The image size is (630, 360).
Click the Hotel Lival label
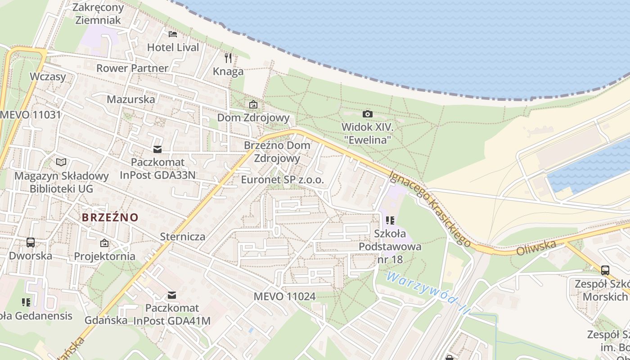173,47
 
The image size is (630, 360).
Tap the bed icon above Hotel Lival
173,34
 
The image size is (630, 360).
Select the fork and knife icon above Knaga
228,58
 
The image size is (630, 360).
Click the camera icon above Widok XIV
368,114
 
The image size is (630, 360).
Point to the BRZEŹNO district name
110,217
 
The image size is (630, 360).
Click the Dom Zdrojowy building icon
253,104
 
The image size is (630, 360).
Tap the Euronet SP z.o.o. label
283,180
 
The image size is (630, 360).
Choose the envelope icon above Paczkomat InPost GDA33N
157,149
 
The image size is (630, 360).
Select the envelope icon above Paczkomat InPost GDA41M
172,295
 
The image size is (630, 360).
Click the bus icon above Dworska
31,243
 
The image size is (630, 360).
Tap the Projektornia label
104,256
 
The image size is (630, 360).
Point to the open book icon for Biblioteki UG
61,162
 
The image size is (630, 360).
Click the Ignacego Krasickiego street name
431,208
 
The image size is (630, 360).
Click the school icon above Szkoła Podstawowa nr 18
390,220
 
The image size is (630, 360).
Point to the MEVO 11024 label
284,297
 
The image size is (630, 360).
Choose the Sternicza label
183,237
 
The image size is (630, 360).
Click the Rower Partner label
132,68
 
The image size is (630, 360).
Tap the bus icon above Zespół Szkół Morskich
605,270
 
